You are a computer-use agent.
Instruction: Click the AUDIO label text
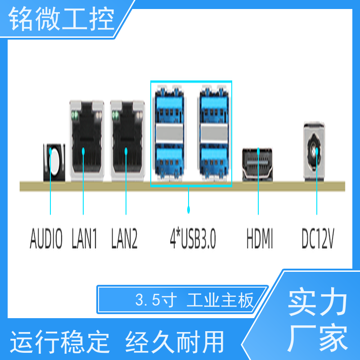(46, 238)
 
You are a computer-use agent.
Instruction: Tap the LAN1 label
(84, 238)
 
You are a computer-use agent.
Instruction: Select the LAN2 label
(124, 238)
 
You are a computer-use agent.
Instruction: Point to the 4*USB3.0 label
(193, 238)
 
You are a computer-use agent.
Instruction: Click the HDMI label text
(260, 238)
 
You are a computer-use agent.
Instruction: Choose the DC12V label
(318, 238)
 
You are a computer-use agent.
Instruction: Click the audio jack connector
(54, 162)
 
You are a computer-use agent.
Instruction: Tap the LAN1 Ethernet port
(87, 140)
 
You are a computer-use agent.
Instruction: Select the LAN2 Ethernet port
(127, 140)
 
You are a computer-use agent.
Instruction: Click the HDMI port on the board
(257, 165)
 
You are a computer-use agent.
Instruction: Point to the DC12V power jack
(314, 152)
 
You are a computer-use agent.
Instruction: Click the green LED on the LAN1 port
(75, 115)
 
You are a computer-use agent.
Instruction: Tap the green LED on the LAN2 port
(116, 115)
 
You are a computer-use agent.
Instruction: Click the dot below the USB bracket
(189, 209)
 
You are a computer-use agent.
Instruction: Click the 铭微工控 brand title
(61, 18)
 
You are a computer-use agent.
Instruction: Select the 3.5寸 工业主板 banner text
(194, 300)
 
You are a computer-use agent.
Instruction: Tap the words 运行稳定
(60, 342)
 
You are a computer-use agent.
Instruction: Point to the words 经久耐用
(175, 342)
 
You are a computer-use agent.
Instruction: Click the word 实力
(318, 301)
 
